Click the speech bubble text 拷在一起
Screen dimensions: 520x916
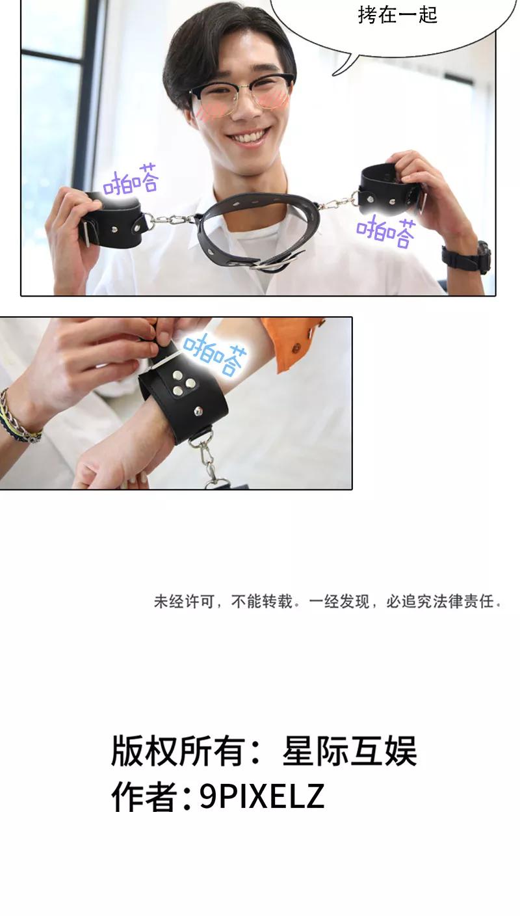pos(397,15)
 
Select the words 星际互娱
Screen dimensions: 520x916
pos(349,751)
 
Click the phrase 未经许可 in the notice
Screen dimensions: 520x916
pos(184,602)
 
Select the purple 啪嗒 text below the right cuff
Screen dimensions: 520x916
pos(386,232)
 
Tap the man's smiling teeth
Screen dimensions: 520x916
pos(250,135)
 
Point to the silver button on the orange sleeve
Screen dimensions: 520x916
pos(294,348)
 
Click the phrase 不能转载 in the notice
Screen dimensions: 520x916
pos(261,602)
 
